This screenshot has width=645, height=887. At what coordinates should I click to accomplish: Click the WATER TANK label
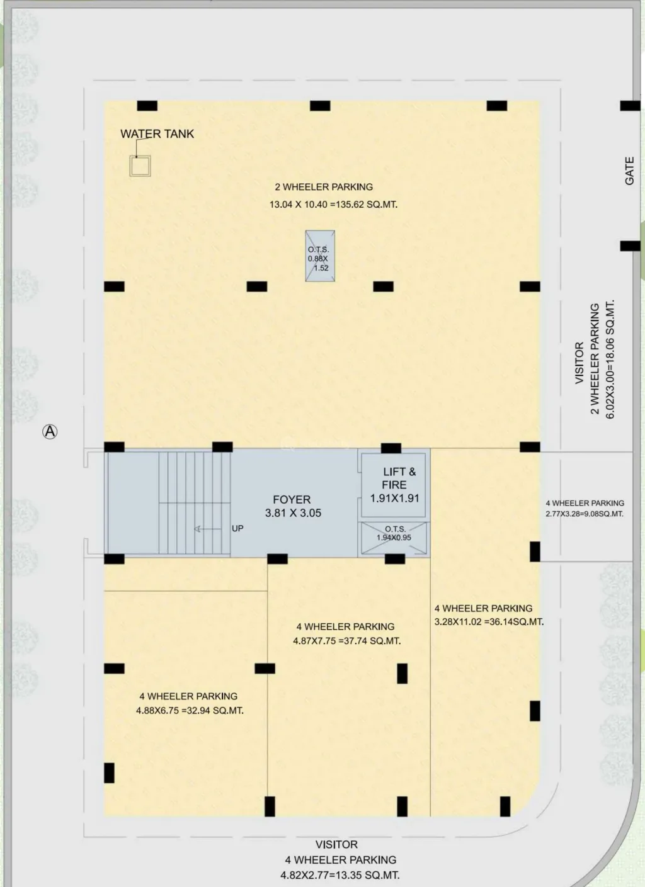tap(157, 134)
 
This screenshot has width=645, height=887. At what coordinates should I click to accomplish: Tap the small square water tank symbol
tap(140, 166)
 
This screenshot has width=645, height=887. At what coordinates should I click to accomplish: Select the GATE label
tap(629, 171)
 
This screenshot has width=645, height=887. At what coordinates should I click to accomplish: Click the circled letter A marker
tap(50, 431)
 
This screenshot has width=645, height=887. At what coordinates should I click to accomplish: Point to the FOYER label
tap(292, 499)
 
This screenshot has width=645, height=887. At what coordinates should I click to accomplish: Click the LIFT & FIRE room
tap(394, 485)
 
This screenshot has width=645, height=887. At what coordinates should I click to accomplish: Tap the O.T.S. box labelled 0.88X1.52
tap(320, 256)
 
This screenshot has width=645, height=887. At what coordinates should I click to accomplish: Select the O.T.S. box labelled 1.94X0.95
tap(394, 538)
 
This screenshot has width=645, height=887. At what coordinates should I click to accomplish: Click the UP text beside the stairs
tap(237, 528)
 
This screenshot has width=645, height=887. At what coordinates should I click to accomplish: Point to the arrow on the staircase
tap(207, 529)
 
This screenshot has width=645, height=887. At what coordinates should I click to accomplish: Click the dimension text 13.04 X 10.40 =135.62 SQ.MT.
tap(334, 205)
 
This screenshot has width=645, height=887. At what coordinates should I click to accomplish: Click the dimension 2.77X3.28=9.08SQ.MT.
tap(585, 514)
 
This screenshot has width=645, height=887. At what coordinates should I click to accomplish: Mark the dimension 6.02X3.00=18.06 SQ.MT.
tap(610, 359)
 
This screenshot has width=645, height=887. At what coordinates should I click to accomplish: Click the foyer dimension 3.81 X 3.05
tap(293, 513)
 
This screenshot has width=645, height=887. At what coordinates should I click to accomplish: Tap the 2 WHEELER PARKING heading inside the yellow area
tap(324, 186)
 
